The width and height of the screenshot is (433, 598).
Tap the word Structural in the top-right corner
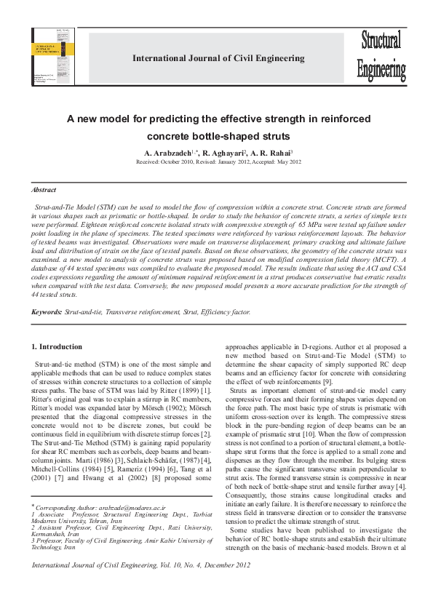(381, 43)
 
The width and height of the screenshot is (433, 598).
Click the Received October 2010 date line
(218, 162)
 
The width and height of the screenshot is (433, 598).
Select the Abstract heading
(44, 189)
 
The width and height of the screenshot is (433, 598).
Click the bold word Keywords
(47, 313)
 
